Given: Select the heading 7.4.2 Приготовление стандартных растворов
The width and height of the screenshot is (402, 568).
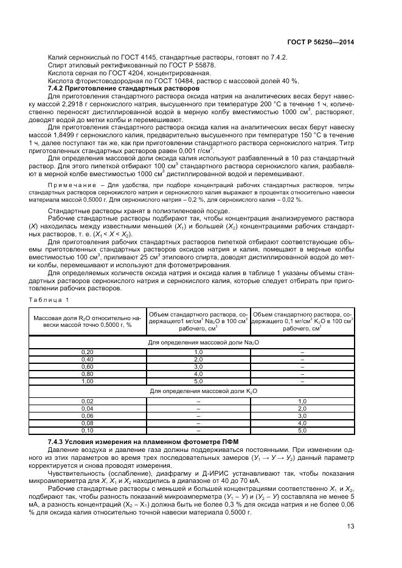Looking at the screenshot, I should click(124, 89).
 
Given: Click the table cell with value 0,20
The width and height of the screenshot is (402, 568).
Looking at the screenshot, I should click(88, 352).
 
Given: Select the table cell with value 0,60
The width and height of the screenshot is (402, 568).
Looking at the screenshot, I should click(88, 366).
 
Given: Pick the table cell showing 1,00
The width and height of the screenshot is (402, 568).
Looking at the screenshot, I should click(88, 381).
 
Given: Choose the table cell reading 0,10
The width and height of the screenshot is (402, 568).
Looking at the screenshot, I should click(88, 430).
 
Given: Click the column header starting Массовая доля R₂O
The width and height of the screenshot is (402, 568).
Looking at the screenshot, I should click(88, 321).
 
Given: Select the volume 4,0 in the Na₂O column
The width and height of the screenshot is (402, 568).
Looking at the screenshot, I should click(198, 374).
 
